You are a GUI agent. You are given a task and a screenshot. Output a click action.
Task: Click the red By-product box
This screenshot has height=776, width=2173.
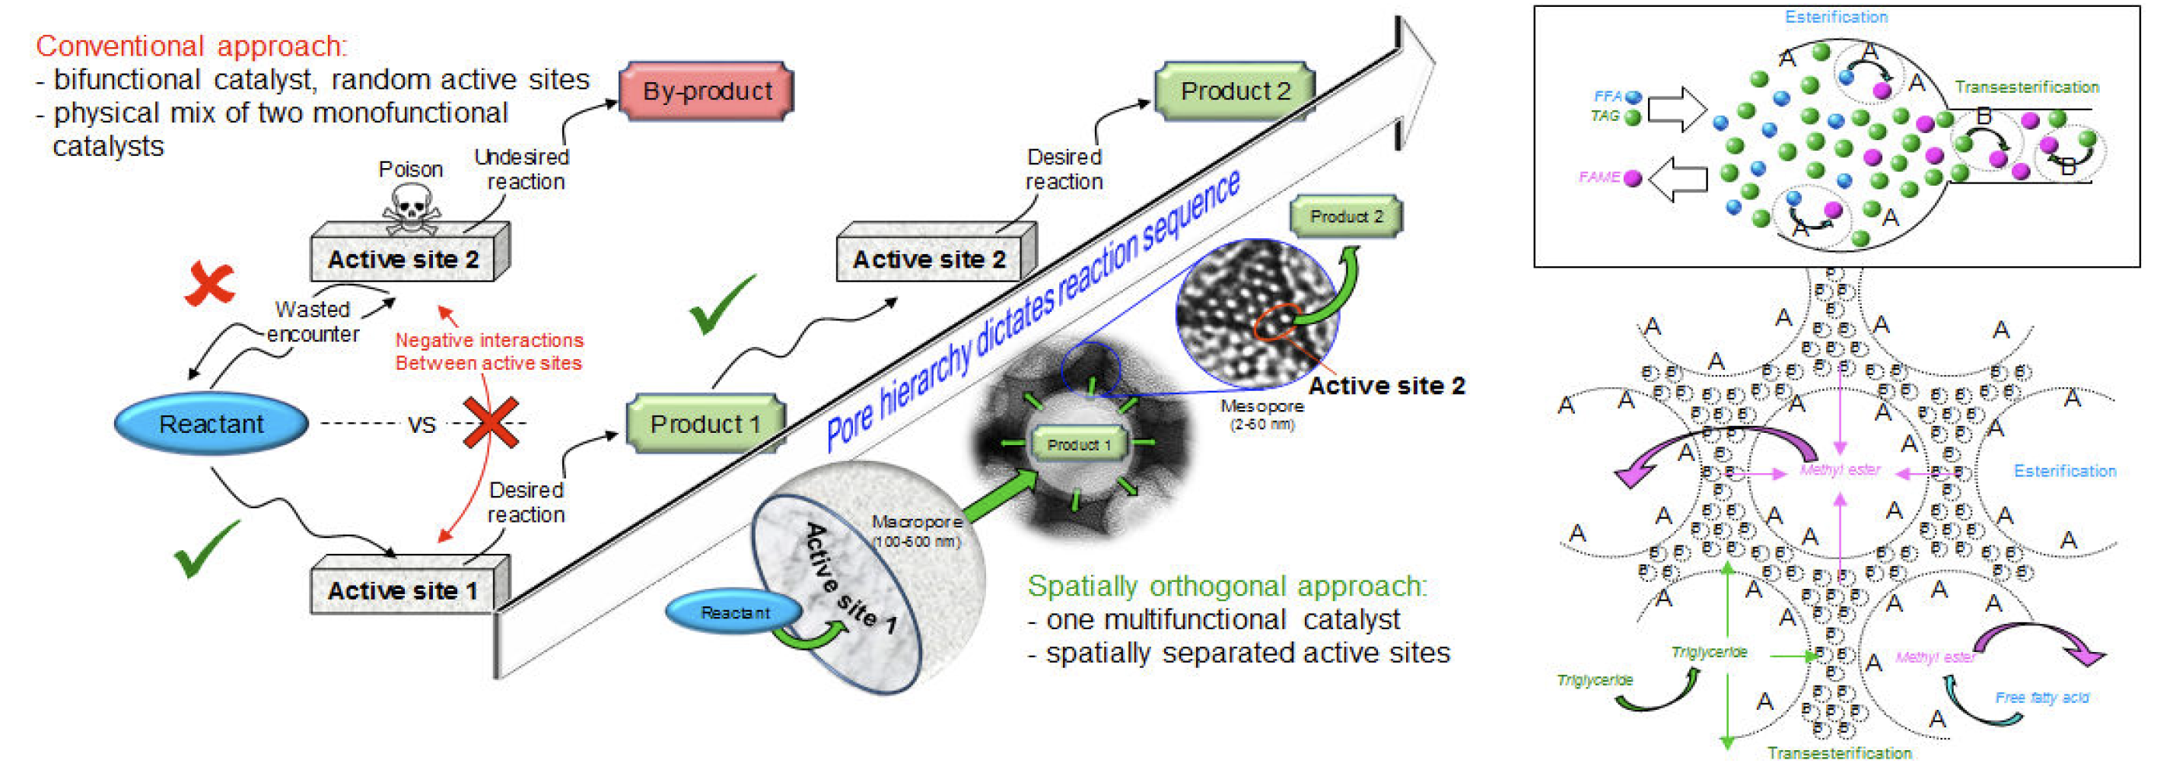tap(706, 91)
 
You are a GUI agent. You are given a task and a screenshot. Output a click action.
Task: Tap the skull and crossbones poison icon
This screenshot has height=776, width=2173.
tap(411, 209)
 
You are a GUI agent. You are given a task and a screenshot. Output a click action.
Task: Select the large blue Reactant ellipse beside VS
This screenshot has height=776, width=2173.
tap(211, 424)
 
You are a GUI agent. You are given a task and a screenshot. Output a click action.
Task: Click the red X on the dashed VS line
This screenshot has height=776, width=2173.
tap(491, 422)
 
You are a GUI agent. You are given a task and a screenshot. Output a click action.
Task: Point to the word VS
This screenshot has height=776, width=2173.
tap(422, 425)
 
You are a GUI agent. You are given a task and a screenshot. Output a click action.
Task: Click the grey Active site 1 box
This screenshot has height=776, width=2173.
tap(402, 590)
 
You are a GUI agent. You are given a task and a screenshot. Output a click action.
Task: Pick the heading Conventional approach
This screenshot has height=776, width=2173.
tap(191, 46)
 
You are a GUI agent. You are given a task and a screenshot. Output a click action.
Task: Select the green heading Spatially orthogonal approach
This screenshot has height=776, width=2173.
tap(1226, 585)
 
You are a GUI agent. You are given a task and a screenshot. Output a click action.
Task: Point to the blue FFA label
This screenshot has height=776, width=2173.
tap(1608, 96)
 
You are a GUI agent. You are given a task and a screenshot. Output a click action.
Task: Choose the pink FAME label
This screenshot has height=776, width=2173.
tap(1599, 177)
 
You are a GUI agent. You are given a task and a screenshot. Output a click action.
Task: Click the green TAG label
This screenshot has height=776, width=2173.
tap(1605, 116)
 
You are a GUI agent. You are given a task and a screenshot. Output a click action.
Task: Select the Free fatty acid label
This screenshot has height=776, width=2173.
tap(2041, 698)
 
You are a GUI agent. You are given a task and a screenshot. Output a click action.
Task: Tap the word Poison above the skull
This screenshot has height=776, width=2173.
tap(410, 169)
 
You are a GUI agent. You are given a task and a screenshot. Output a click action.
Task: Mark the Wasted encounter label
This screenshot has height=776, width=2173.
tap(313, 321)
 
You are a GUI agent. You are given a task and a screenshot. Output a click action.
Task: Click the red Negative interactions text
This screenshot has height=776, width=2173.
tap(489, 351)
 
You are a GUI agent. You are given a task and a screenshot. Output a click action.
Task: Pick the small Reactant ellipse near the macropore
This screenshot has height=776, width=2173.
tap(734, 612)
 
